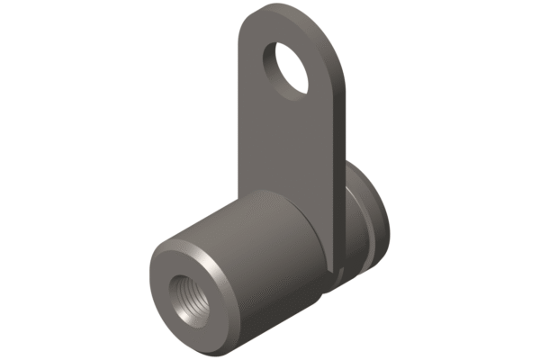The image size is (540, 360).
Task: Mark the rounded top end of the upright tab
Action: [297, 11]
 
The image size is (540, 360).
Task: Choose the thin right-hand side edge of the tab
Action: [343, 162]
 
